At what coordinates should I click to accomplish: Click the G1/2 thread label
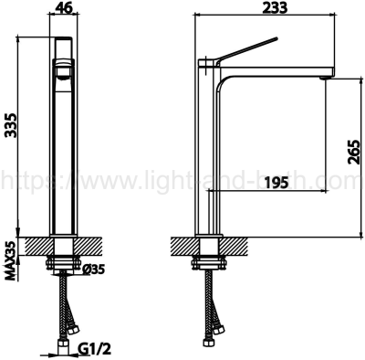click(x=95, y=347)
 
